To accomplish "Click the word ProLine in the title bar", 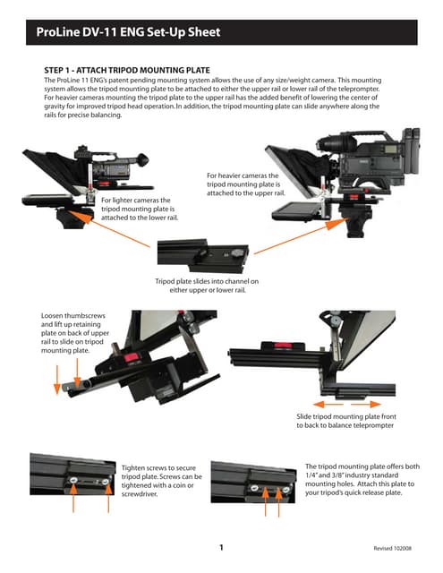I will coord(60,34).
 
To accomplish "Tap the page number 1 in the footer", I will coord(220,546).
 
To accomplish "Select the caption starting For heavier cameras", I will coord(245,184).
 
